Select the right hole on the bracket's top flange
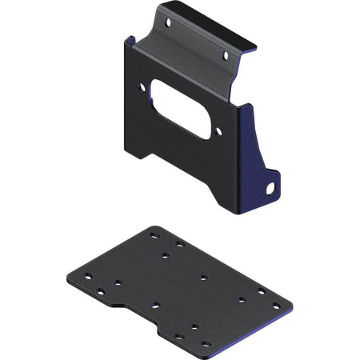pyautogui.click(x=225, y=56)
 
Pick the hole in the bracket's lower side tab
pyautogui.click(x=270, y=189)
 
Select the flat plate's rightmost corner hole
pyautogui.click(x=277, y=306)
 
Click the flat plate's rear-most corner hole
pyautogui.click(x=154, y=235)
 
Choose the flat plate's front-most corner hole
pyautogui.click(x=206, y=345)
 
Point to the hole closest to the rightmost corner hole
pyautogui.click(x=262, y=290)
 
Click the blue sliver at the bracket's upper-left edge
pyautogui.click(x=128, y=40)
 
